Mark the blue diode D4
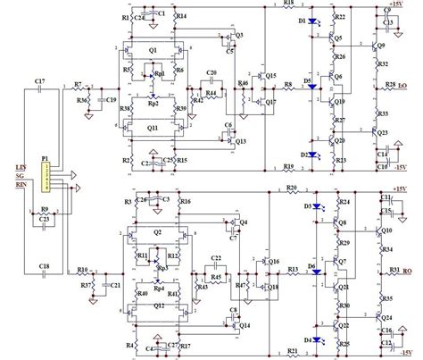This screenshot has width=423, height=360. [x=310, y=340]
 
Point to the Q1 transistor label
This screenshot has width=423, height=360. [x=153, y=49]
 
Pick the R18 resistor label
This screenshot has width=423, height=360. [x=287, y=4]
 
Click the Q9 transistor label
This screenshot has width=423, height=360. [x=381, y=45]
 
